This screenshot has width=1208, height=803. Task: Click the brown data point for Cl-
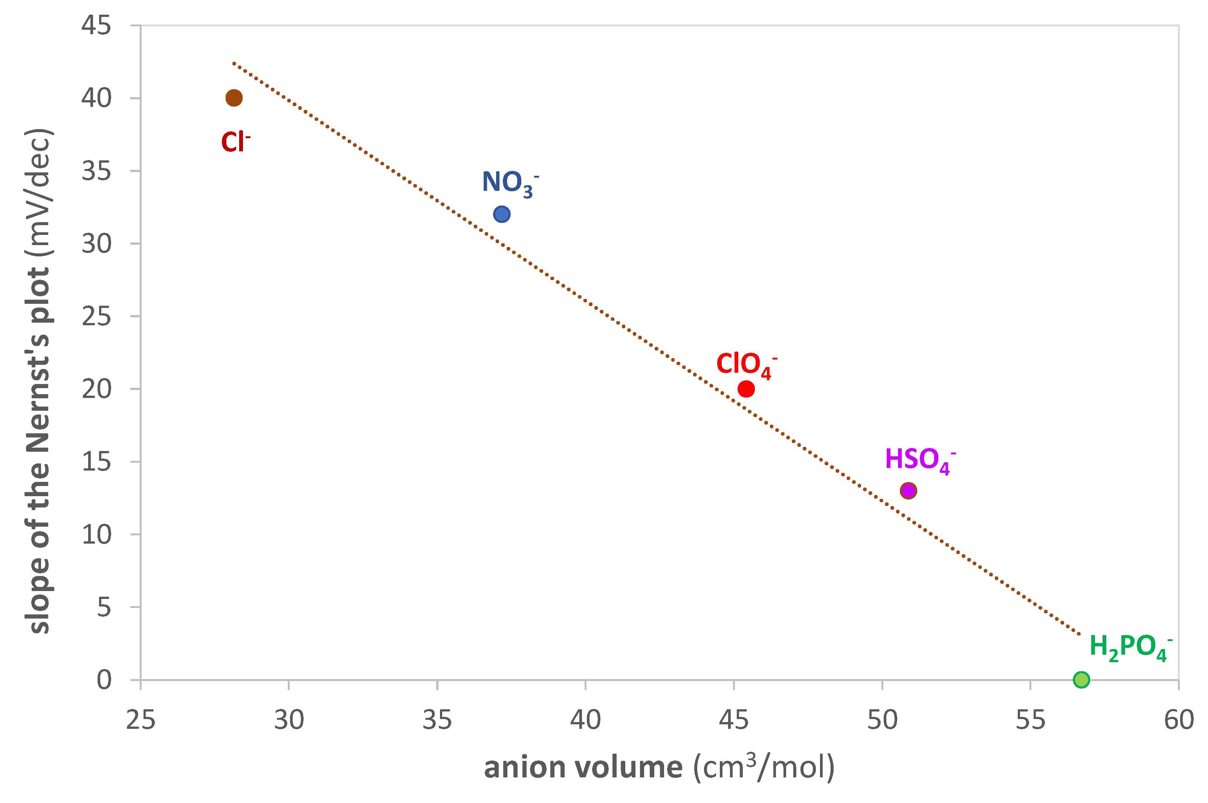[234, 98]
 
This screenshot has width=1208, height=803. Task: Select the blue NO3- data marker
[501, 214]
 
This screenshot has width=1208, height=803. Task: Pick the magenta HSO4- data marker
[908, 491]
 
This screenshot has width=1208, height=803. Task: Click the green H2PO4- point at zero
[1081, 680]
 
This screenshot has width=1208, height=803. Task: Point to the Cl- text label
[235, 142]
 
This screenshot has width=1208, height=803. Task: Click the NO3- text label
[509, 183]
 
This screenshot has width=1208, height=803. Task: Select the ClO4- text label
[745, 365]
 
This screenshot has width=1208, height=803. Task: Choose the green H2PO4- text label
[1130, 647]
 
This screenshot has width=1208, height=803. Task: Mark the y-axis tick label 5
[104, 607]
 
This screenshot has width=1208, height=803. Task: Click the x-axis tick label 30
[289, 720]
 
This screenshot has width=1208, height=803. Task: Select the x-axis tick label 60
[1178, 720]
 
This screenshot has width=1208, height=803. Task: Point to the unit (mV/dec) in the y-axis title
[39, 192]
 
